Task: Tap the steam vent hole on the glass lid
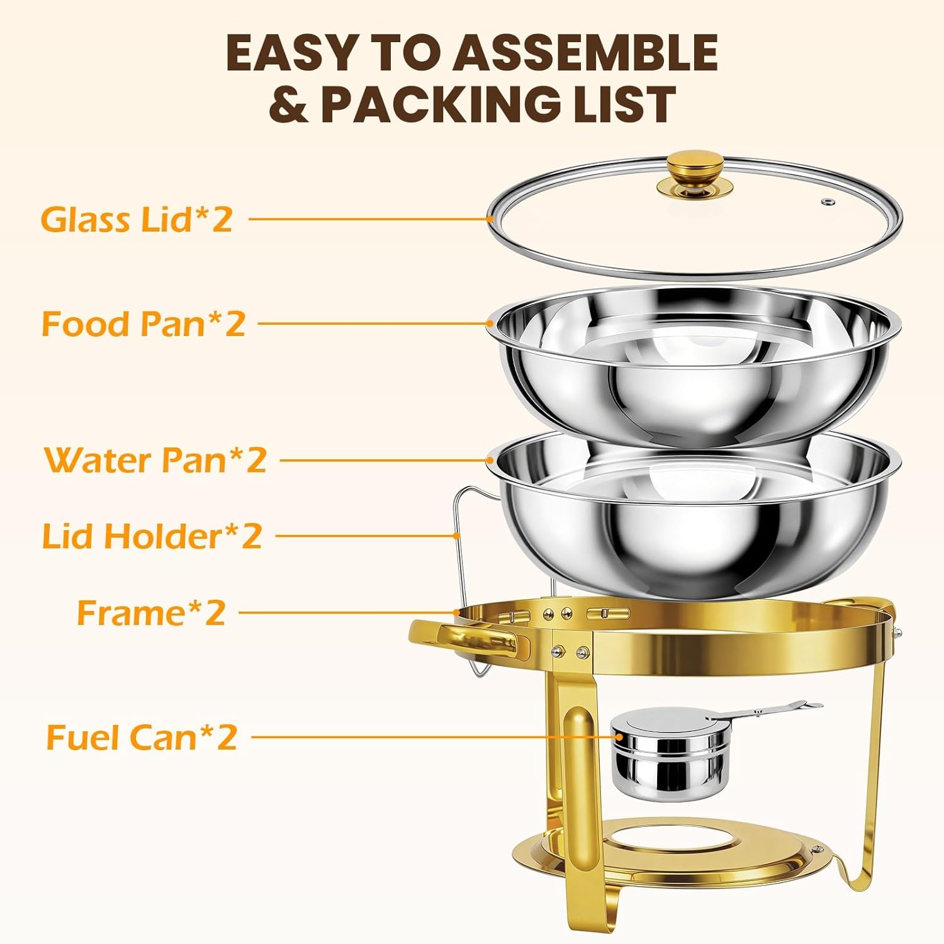[827, 201]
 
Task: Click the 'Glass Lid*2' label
[137, 220]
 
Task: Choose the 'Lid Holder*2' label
[152, 536]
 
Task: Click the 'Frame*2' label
[151, 612]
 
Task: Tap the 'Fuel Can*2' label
[142, 737]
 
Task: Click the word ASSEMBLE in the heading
[586, 53]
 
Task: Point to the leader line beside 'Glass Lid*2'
[368, 219]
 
